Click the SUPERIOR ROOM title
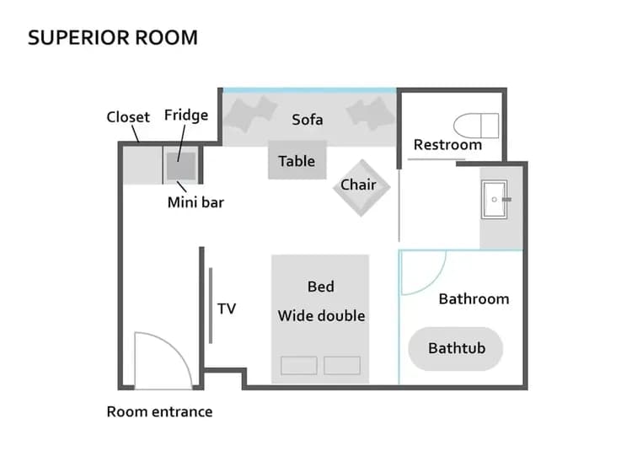pos(113,38)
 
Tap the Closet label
pos(128,117)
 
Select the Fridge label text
pos(185,115)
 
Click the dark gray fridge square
pos(181,165)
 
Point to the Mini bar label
pos(195,202)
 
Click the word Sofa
pos(308,119)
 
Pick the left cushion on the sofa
pos(249,113)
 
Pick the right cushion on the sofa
pos(370,113)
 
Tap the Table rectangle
pos(297,161)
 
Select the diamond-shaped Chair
pos(362,187)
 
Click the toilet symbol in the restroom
pos(475,125)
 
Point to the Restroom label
pos(447,145)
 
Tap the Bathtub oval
pos(456,348)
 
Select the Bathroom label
pos(474,298)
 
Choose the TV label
pos(227,309)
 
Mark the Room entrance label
pos(159,412)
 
